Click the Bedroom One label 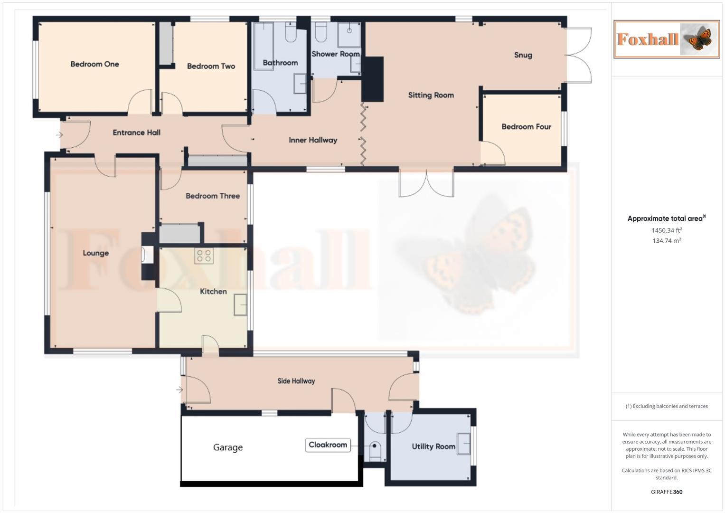click(94, 64)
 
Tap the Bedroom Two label click(211, 66)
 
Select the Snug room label click(523, 55)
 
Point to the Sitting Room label click(431, 95)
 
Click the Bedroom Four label click(526, 126)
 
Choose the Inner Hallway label click(313, 140)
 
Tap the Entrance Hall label click(136, 133)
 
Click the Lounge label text click(96, 253)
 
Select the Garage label click(228, 447)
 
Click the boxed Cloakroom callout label click(328, 445)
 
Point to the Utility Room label click(433, 446)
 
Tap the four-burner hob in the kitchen click(204, 256)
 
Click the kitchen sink click(240, 304)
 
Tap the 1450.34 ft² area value click(667, 230)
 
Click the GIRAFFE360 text click(667, 492)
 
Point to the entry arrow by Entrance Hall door click(59, 135)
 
